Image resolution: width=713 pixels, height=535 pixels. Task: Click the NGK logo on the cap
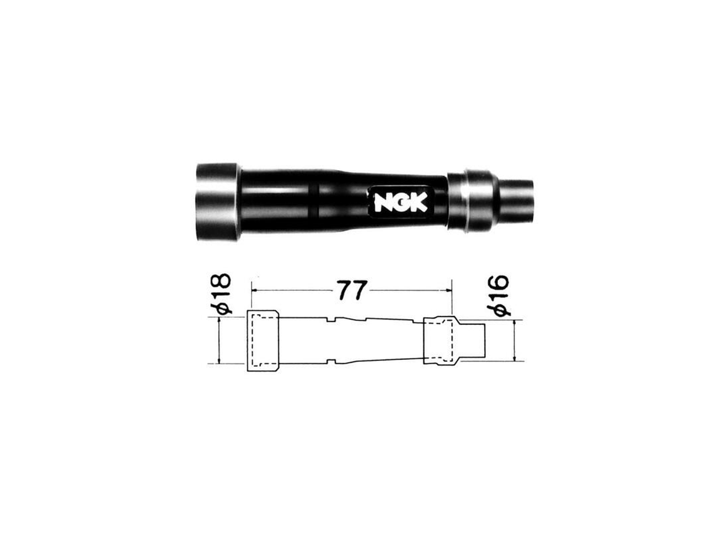[401, 201]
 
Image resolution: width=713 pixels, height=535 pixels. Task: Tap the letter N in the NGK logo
[383, 202]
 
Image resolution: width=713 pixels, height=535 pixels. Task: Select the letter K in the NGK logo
[418, 201]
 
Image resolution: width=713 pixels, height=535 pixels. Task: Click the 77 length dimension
[352, 290]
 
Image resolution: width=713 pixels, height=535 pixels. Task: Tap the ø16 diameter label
[501, 295]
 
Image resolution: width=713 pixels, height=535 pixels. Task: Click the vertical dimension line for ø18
[219, 340]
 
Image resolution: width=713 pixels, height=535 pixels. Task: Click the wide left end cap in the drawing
[263, 340]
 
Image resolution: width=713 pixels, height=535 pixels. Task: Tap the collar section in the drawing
[440, 340]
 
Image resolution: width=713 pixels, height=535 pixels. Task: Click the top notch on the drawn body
[331, 319]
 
